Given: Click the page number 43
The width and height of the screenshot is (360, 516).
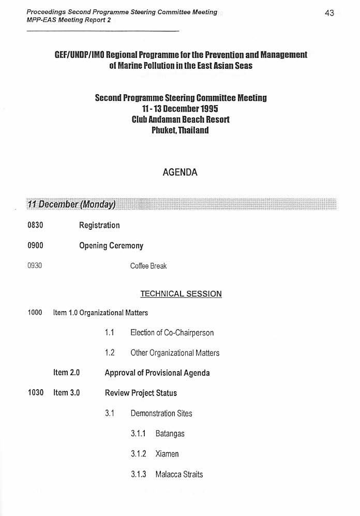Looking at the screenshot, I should click(329, 13).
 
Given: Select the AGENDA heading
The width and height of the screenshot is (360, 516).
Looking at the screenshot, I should click(180, 172).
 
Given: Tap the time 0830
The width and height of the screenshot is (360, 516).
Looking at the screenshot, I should click(35, 225).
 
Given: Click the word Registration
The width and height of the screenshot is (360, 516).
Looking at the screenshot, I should click(99, 225).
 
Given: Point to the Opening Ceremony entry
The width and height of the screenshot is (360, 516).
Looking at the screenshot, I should click(111, 246).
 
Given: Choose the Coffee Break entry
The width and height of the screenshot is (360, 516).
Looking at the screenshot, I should click(148, 266).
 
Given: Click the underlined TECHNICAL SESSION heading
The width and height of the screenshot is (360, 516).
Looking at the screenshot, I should click(181, 294).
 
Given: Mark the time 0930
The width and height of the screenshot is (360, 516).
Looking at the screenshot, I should click(35, 266).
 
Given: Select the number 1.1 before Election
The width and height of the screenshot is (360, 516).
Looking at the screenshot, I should click(109, 333).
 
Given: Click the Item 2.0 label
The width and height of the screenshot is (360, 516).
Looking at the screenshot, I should click(66, 373).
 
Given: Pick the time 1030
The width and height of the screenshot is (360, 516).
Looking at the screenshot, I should click(35, 393).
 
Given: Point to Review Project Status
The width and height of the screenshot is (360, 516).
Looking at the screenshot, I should click(141, 393).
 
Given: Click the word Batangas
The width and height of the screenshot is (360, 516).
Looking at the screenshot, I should click(170, 434).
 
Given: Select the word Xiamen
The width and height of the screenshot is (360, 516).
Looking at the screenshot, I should click(167, 454).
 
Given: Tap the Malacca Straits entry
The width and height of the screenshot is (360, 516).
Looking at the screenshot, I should click(179, 474).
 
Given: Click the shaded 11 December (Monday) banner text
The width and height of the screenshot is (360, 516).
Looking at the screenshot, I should click(71, 204).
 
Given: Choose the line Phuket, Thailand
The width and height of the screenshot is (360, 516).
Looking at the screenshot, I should click(180, 130).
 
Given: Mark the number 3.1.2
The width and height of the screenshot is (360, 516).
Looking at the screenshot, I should click(138, 454).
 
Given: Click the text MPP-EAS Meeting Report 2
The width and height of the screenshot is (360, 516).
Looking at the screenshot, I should click(68, 20).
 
